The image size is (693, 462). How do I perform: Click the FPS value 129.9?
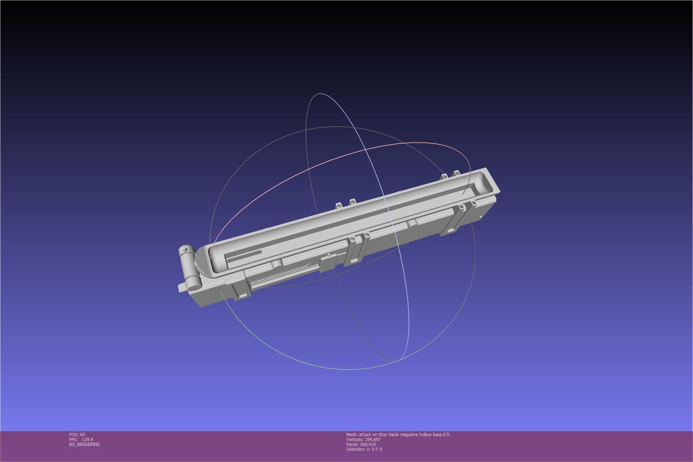click(87, 439)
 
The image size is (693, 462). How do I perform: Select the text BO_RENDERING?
click(84, 444)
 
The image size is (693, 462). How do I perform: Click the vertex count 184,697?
click(372, 439)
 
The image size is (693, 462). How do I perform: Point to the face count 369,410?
click(367, 444)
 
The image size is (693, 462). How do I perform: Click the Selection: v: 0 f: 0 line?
click(364, 449)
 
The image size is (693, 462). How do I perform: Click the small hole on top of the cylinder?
click(185, 249)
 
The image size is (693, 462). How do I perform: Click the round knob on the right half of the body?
click(412, 223)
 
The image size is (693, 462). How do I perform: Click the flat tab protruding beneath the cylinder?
click(181, 288)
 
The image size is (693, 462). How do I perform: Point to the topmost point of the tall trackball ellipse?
click(321, 93)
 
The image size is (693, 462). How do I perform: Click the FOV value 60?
click(82, 434)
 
